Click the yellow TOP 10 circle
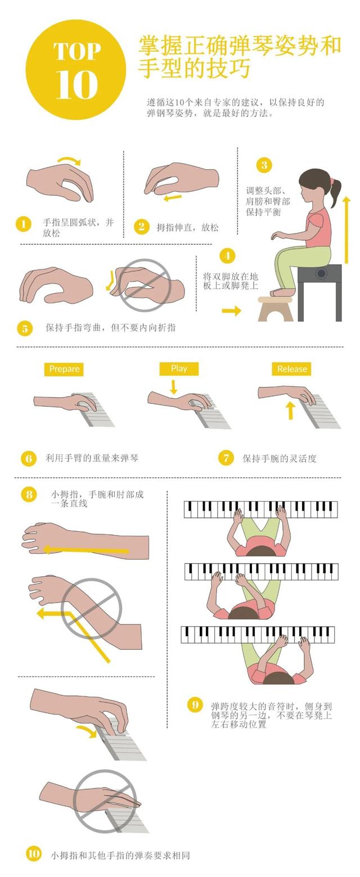(x=76, y=70)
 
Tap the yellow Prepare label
(x=64, y=369)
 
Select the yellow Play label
(x=179, y=368)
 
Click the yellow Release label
(x=291, y=369)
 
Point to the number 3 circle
(x=264, y=165)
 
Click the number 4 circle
(x=228, y=256)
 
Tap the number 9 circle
(x=195, y=705)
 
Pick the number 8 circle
(x=29, y=494)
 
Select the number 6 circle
(x=29, y=458)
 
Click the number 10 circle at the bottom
(x=34, y=853)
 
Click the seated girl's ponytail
(x=335, y=192)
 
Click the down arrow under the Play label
(x=174, y=386)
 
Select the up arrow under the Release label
(x=290, y=410)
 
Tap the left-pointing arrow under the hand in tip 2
(x=173, y=197)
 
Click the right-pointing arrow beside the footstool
(x=231, y=311)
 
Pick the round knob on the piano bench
(x=322, y=273)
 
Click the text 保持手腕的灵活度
(x=280, y=458)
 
